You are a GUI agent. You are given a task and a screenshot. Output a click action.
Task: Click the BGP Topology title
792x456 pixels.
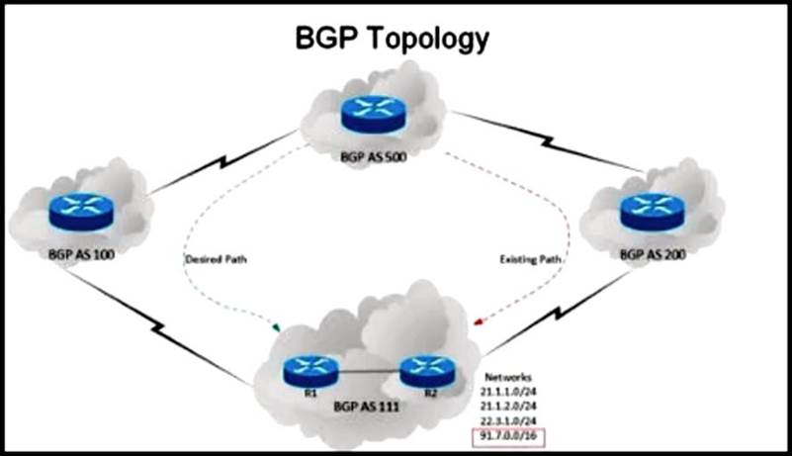pos(394,39)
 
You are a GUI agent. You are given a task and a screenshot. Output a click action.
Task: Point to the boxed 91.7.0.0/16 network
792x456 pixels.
pos(511,436)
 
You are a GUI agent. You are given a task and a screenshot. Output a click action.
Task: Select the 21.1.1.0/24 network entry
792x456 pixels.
pos(510,392)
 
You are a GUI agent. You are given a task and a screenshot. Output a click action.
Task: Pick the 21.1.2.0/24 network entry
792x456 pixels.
pos(510,407)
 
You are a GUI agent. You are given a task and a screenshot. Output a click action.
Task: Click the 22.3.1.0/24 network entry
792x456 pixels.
pos(510,421)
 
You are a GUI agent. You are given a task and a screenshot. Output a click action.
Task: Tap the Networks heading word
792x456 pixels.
pos(505,377)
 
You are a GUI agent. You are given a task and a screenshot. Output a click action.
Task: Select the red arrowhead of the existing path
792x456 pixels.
pos(479,321)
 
